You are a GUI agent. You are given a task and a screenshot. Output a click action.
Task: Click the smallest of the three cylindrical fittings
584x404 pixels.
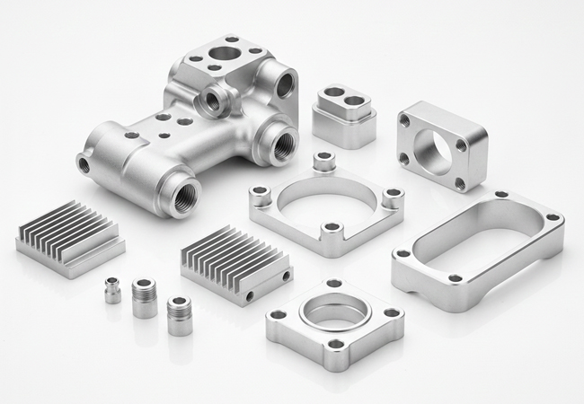[x=112, y=290]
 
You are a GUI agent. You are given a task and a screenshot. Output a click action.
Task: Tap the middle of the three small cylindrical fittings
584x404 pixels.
[x=144, y=297]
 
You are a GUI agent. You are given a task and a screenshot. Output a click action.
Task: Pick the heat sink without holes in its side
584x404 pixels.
[x=70, y=238]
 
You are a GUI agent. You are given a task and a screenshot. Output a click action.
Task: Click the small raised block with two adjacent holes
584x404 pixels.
[x=344, y=114]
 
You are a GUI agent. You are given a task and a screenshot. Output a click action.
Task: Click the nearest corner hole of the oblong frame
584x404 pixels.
[x=456, y=278]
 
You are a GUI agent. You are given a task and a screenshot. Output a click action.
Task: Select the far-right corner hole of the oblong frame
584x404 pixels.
[x=553, y=217]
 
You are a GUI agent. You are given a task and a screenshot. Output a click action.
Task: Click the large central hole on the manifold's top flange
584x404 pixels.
[x=225, y=54]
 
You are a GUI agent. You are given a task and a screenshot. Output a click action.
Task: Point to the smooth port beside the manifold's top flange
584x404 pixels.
[x=284, y=85]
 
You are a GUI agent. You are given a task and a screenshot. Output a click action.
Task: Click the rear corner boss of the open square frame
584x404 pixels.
[x=323, y=162]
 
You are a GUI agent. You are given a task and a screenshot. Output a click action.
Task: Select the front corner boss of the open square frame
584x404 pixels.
[x=332, y=230]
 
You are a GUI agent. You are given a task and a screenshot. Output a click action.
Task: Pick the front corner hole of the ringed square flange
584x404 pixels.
[x=336, y=344]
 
